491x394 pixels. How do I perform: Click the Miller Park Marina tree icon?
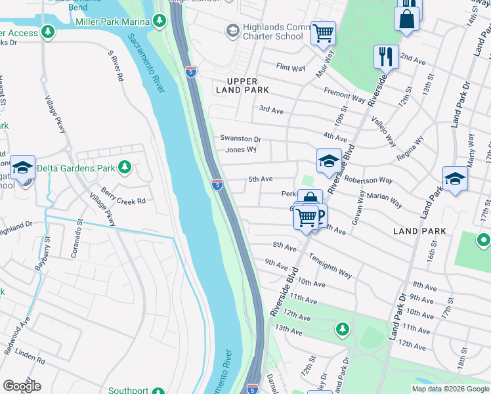pos(159,22)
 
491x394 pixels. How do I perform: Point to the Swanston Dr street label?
pos(240,139)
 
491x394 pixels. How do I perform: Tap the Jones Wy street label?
pos(240,150)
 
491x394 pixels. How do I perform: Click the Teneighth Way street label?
pos(330,266)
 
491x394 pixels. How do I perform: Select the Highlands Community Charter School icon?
pos(232,31)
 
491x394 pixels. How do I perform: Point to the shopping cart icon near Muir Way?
pos(323,33)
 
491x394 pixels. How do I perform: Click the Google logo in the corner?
pos(22,386)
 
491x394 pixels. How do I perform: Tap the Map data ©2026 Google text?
pos(450,389)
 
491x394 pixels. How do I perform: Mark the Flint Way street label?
pos(291,67)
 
